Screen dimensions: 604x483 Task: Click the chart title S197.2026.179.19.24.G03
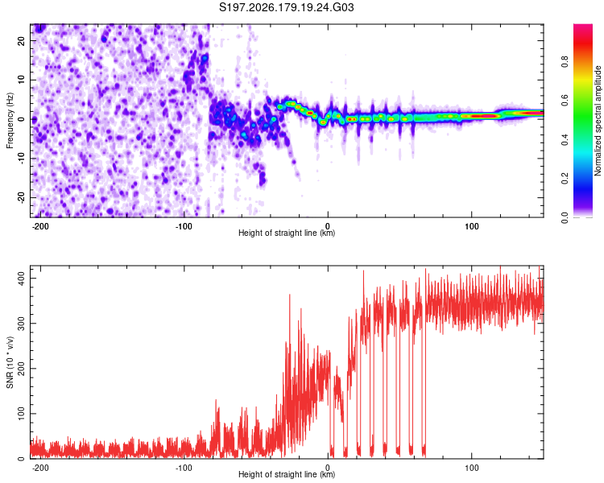point(286,7)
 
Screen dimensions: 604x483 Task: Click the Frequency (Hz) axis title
point(10,121)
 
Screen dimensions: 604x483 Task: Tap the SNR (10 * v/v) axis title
point(10,362)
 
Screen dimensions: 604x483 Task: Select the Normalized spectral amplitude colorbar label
point(598,121)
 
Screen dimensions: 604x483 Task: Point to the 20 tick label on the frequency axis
point(21,40)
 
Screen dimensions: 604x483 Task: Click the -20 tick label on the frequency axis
point(21,198)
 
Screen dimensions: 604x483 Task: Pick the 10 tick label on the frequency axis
point(21,80)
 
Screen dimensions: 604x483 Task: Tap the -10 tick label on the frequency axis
point(21,159)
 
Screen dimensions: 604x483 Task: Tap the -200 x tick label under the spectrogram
point(39,226)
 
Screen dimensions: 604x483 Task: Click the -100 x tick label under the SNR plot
point(184,468)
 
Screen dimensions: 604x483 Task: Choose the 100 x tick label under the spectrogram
point(471,226)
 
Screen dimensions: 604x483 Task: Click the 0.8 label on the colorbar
point(565,61)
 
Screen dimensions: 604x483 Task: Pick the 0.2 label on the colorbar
point(565,179)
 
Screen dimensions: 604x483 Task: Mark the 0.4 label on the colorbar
point(565,139)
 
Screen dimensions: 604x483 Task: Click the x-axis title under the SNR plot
point(287,474)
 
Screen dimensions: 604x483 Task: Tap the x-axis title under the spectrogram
point(287,233)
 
